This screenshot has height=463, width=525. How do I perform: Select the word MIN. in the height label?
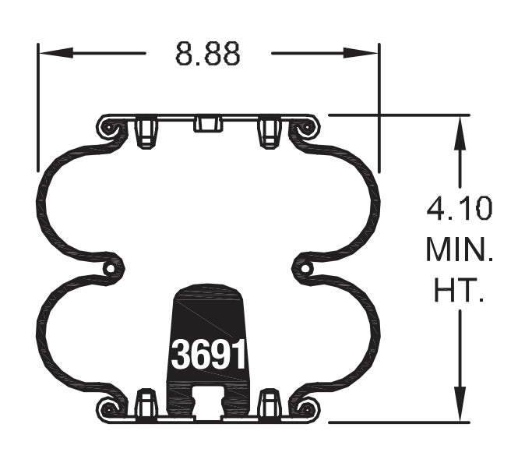(460, 250)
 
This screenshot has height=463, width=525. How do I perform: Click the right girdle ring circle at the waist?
(305, 268)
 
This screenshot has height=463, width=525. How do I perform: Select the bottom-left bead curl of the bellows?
(111, 408)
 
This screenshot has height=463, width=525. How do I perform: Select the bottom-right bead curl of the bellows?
(306, 408)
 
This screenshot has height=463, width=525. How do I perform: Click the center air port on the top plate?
(208, 124)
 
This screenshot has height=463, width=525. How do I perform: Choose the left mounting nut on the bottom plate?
(146, 404)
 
